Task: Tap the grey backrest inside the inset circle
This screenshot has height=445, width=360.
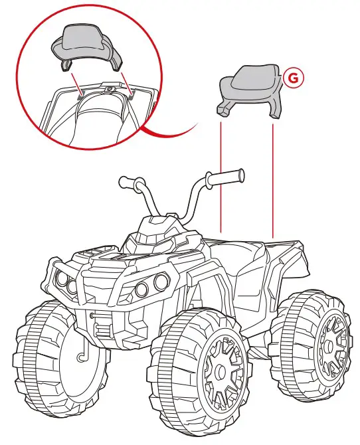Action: tap(87, 46)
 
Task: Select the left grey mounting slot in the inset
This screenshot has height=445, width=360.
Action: tap(81, 95)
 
